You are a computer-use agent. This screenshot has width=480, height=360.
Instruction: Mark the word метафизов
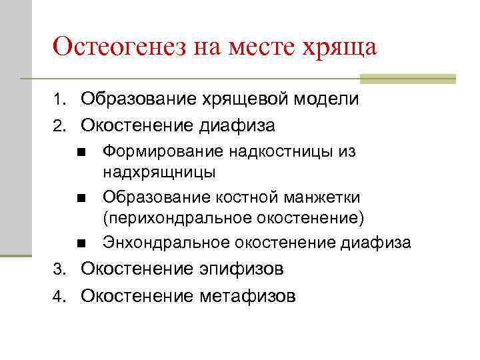tap(248, 295)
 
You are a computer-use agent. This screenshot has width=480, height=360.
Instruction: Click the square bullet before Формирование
tap(80, 153)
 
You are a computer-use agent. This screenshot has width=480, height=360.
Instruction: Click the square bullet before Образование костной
tap(80, 199)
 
